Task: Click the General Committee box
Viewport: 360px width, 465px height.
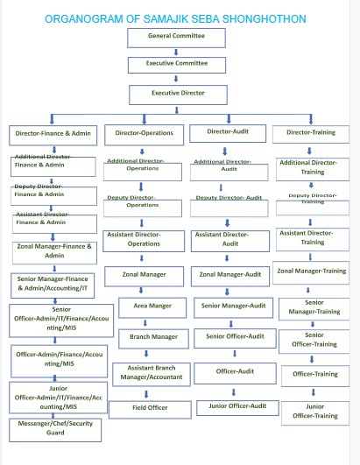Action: click(x=178, y=37)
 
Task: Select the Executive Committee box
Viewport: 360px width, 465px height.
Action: click(x=178, y=65)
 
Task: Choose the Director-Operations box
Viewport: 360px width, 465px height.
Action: click(x=144, y=134)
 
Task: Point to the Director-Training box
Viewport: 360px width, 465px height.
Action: click(x=310, y=133)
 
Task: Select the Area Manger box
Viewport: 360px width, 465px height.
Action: click(x=152, y=306)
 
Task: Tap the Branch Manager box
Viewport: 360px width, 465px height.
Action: click(x=153, y=336)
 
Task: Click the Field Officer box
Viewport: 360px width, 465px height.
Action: click(x=151, y=407)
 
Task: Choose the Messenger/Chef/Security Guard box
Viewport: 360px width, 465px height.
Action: click(x=54, y=428)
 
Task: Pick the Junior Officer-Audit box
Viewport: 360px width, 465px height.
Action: click(x=231, y=406)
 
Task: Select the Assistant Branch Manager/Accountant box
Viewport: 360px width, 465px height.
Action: click(x=152, y=373)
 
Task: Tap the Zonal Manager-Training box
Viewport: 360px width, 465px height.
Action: click(x=311, y=271)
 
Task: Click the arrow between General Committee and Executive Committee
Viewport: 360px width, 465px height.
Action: click(x=178, y=51)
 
